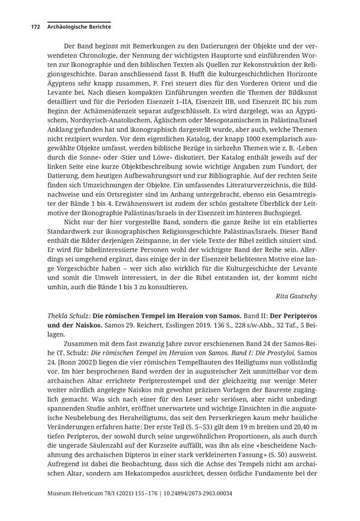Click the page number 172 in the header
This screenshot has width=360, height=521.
pyautogui.click(x=35, y=27)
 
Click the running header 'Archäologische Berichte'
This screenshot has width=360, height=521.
pyautogui.click(x=79, y=27)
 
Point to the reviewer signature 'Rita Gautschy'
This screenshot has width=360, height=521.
pyautogui.click(x=296, y=296)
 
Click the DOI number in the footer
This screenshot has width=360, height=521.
pyautogui.click(x=199, y=493)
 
